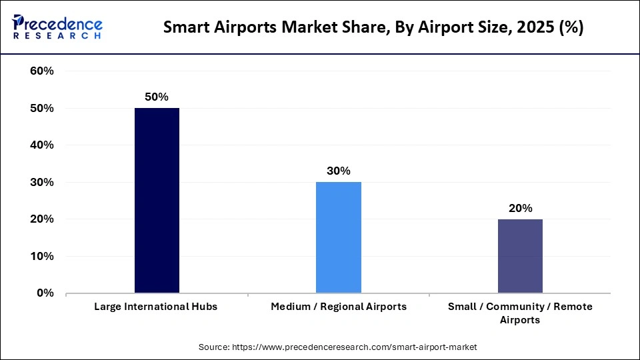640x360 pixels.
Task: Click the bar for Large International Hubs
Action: coord(157,200)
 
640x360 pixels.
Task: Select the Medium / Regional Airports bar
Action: coord(338,237)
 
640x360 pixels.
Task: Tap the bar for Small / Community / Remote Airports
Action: coord(520,256)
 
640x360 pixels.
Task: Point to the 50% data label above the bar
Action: coord(157,97)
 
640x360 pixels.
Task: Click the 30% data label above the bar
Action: coord(338,171)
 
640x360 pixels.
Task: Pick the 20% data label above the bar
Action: coord(520,208)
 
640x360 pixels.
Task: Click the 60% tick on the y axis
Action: coord(42,71)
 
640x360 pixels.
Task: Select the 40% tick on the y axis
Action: coord(42,145)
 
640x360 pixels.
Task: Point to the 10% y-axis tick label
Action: coord(42,256)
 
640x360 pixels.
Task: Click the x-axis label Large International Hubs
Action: coord(155,307)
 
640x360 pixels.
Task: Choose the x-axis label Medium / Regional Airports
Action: coord(338,307)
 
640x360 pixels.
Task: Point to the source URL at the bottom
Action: coord(354,347)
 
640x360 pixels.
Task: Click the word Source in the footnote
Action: coord(213,347)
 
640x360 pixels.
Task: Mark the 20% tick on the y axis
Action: coord(42,219)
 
